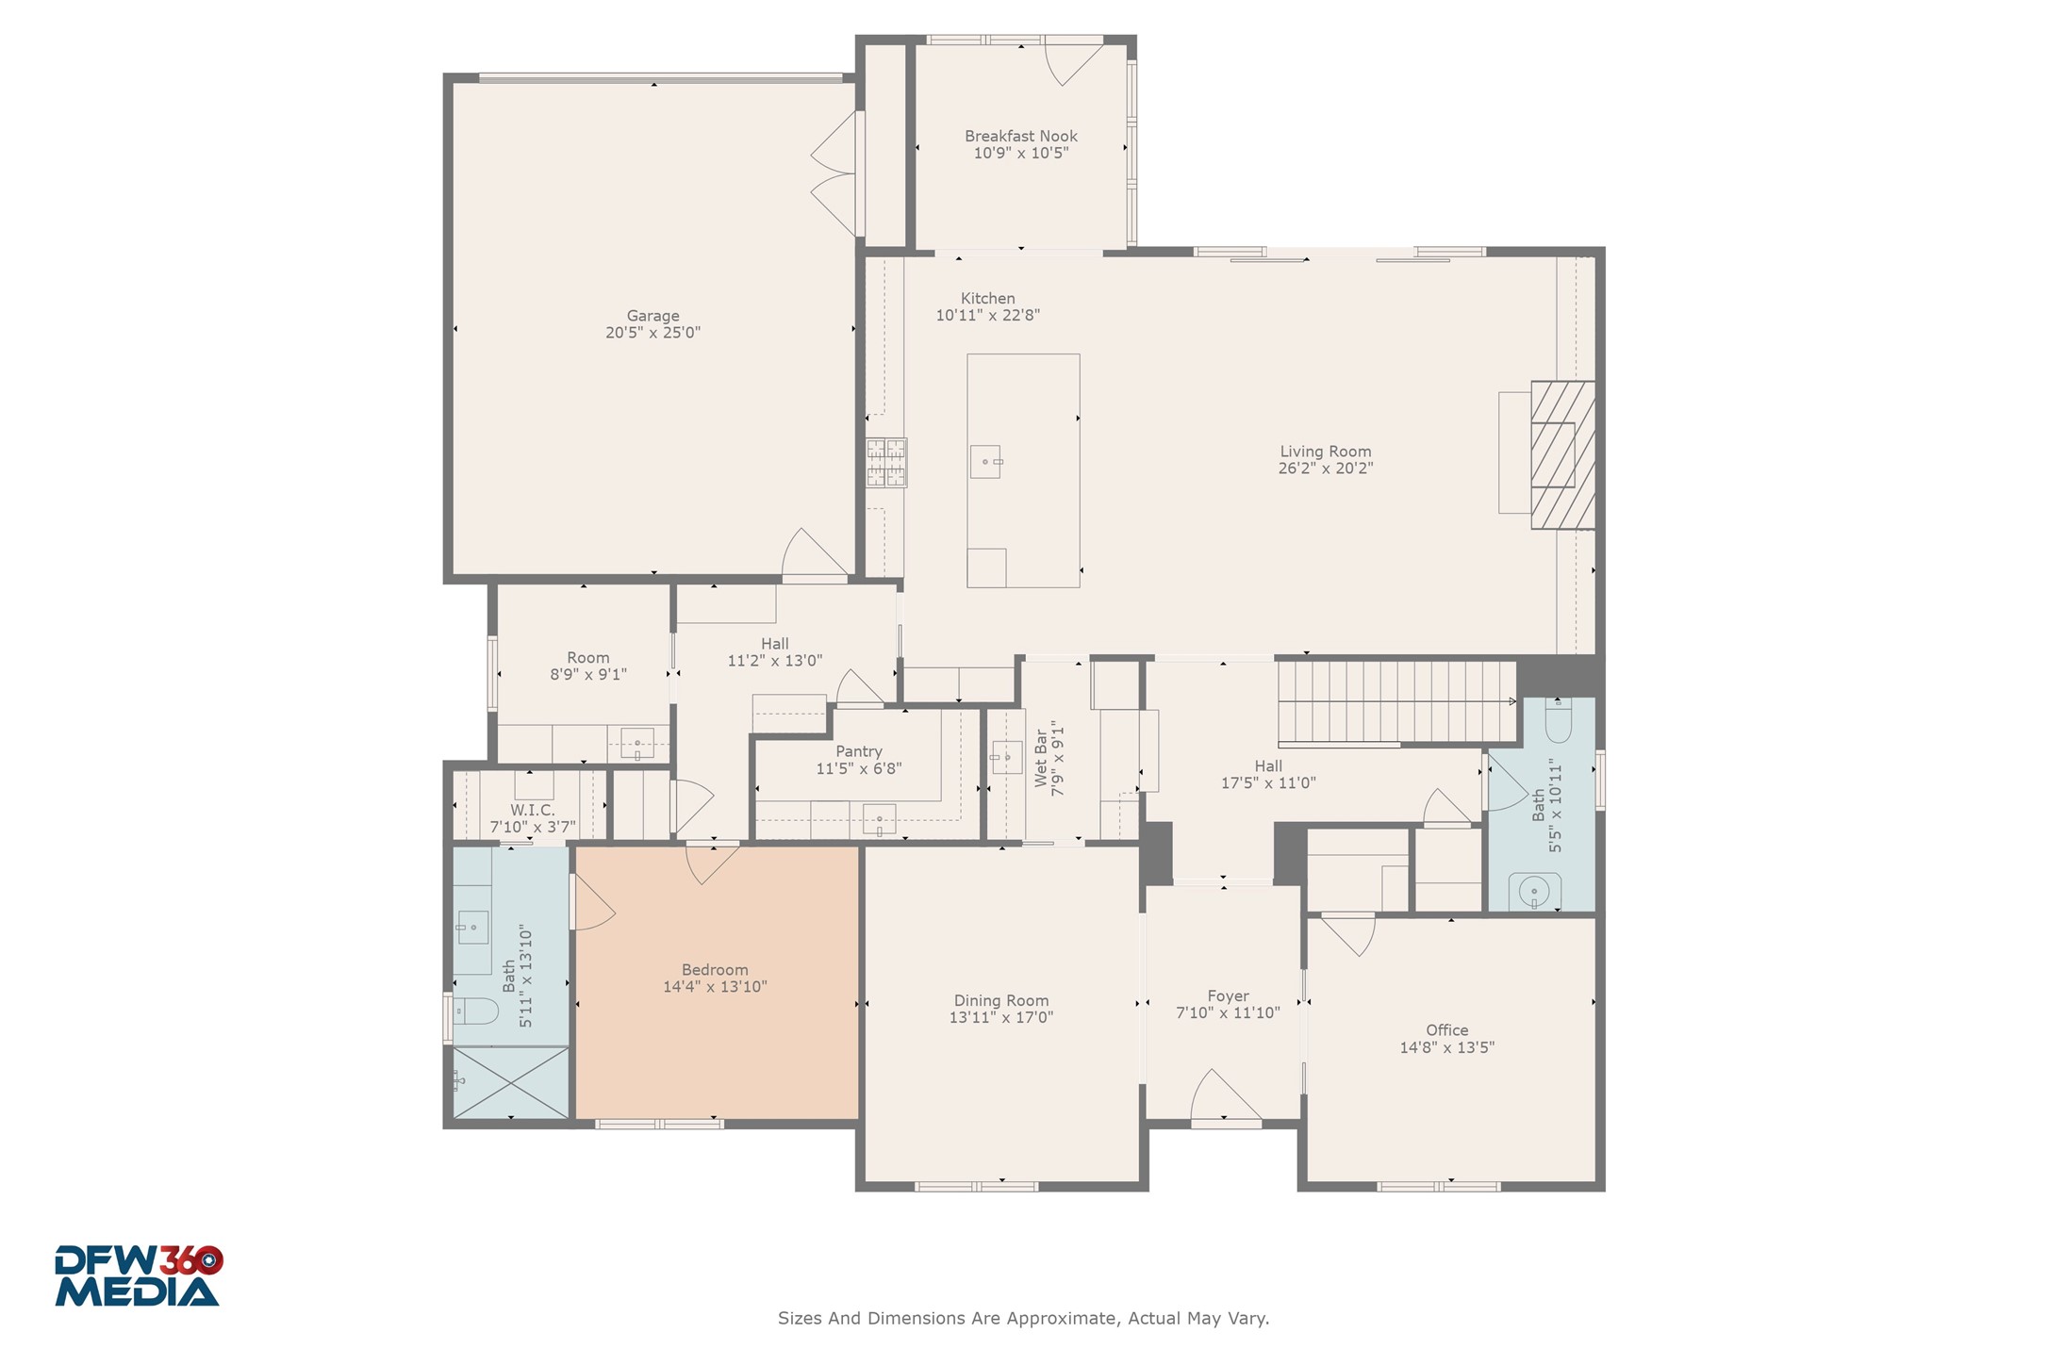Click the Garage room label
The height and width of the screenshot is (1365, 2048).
coord(652,316)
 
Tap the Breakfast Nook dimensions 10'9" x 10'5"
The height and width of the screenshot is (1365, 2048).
coord(1020,153)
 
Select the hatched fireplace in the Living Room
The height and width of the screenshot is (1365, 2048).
coord(1562,454)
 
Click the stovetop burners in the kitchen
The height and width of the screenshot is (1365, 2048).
coord(886,462)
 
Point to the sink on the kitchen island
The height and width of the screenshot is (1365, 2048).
coord(985,462)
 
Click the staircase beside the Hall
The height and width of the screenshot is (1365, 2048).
coord(1396,701)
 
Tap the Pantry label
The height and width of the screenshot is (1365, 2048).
coord(858,751)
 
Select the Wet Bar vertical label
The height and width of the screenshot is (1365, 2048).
coord(1041,760)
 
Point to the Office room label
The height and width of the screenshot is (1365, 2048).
coord(1446,1030)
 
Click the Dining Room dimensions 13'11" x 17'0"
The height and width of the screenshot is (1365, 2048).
coord(1000,1018)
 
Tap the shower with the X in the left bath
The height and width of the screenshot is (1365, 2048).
coord(510,1082)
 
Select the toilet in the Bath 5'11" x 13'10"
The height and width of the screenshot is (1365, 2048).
coord(476,1011)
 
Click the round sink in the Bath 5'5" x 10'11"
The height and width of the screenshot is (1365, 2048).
coord(1534,891)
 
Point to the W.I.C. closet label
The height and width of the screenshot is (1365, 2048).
coord(532,810)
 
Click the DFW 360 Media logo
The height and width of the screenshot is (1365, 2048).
coord(138,1276)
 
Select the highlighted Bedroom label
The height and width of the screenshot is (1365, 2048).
coord(715,970)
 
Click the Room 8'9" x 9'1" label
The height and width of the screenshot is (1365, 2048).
coord(587,658)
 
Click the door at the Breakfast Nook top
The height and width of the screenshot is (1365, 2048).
coord(1075,61)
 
